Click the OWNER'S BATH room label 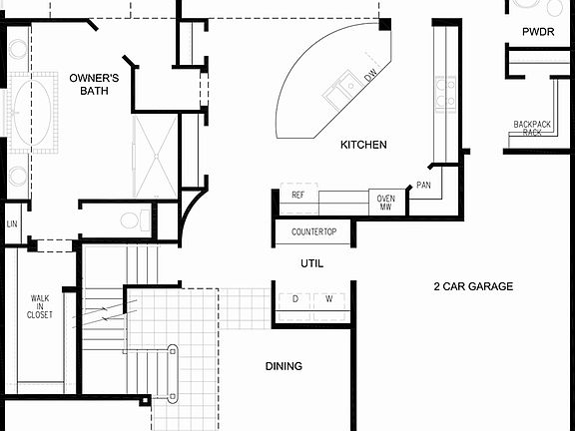coord(95,84)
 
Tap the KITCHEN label coord(363,146)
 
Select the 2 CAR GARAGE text coord(472,286)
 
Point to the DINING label coord(284,366)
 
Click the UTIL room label coord(312,264)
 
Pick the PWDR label coord(537,32)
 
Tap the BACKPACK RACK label coord(532,128)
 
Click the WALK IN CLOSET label coord(40,306)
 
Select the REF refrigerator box coord(297,196)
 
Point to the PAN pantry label coord(424,186)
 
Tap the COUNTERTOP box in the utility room coord(313,232)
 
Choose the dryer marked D coord(295,299)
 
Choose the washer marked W coord(328,299)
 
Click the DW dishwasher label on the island coord(370,75)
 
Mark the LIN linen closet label coord(12,223)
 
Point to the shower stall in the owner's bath coord(154,155)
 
